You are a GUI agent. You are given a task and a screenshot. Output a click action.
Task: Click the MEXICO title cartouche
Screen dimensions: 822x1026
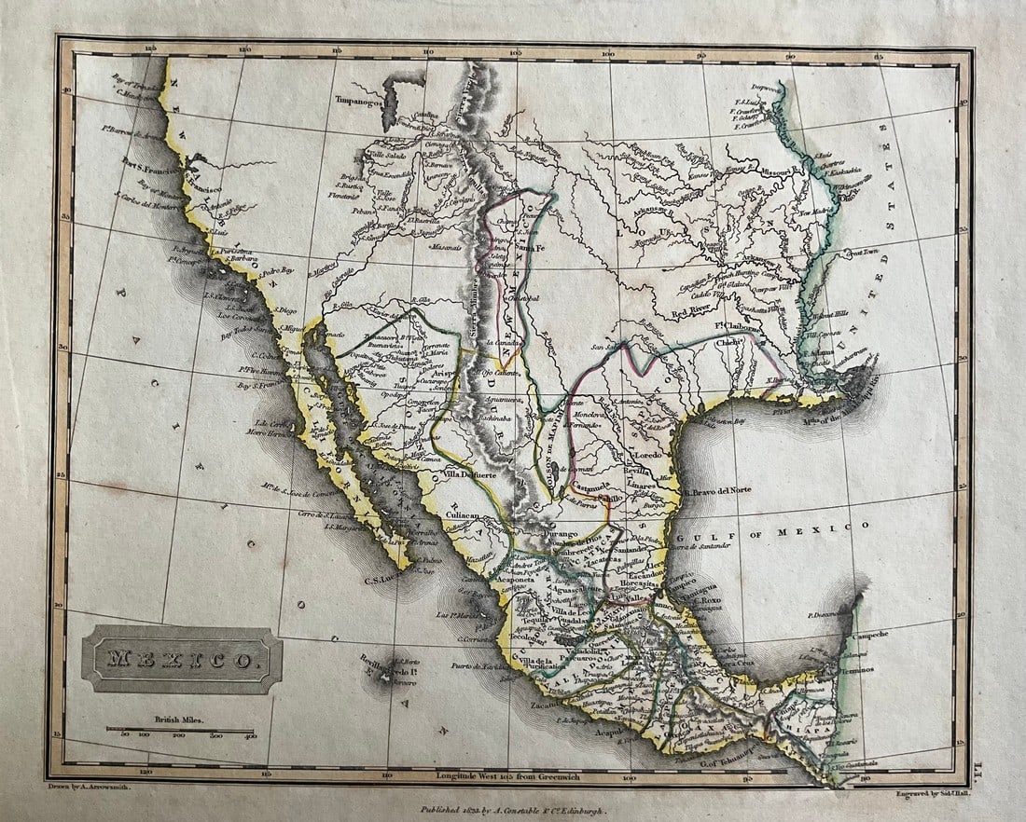coord(181,660)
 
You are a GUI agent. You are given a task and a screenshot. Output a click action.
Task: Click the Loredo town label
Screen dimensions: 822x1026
coord(647,455)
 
